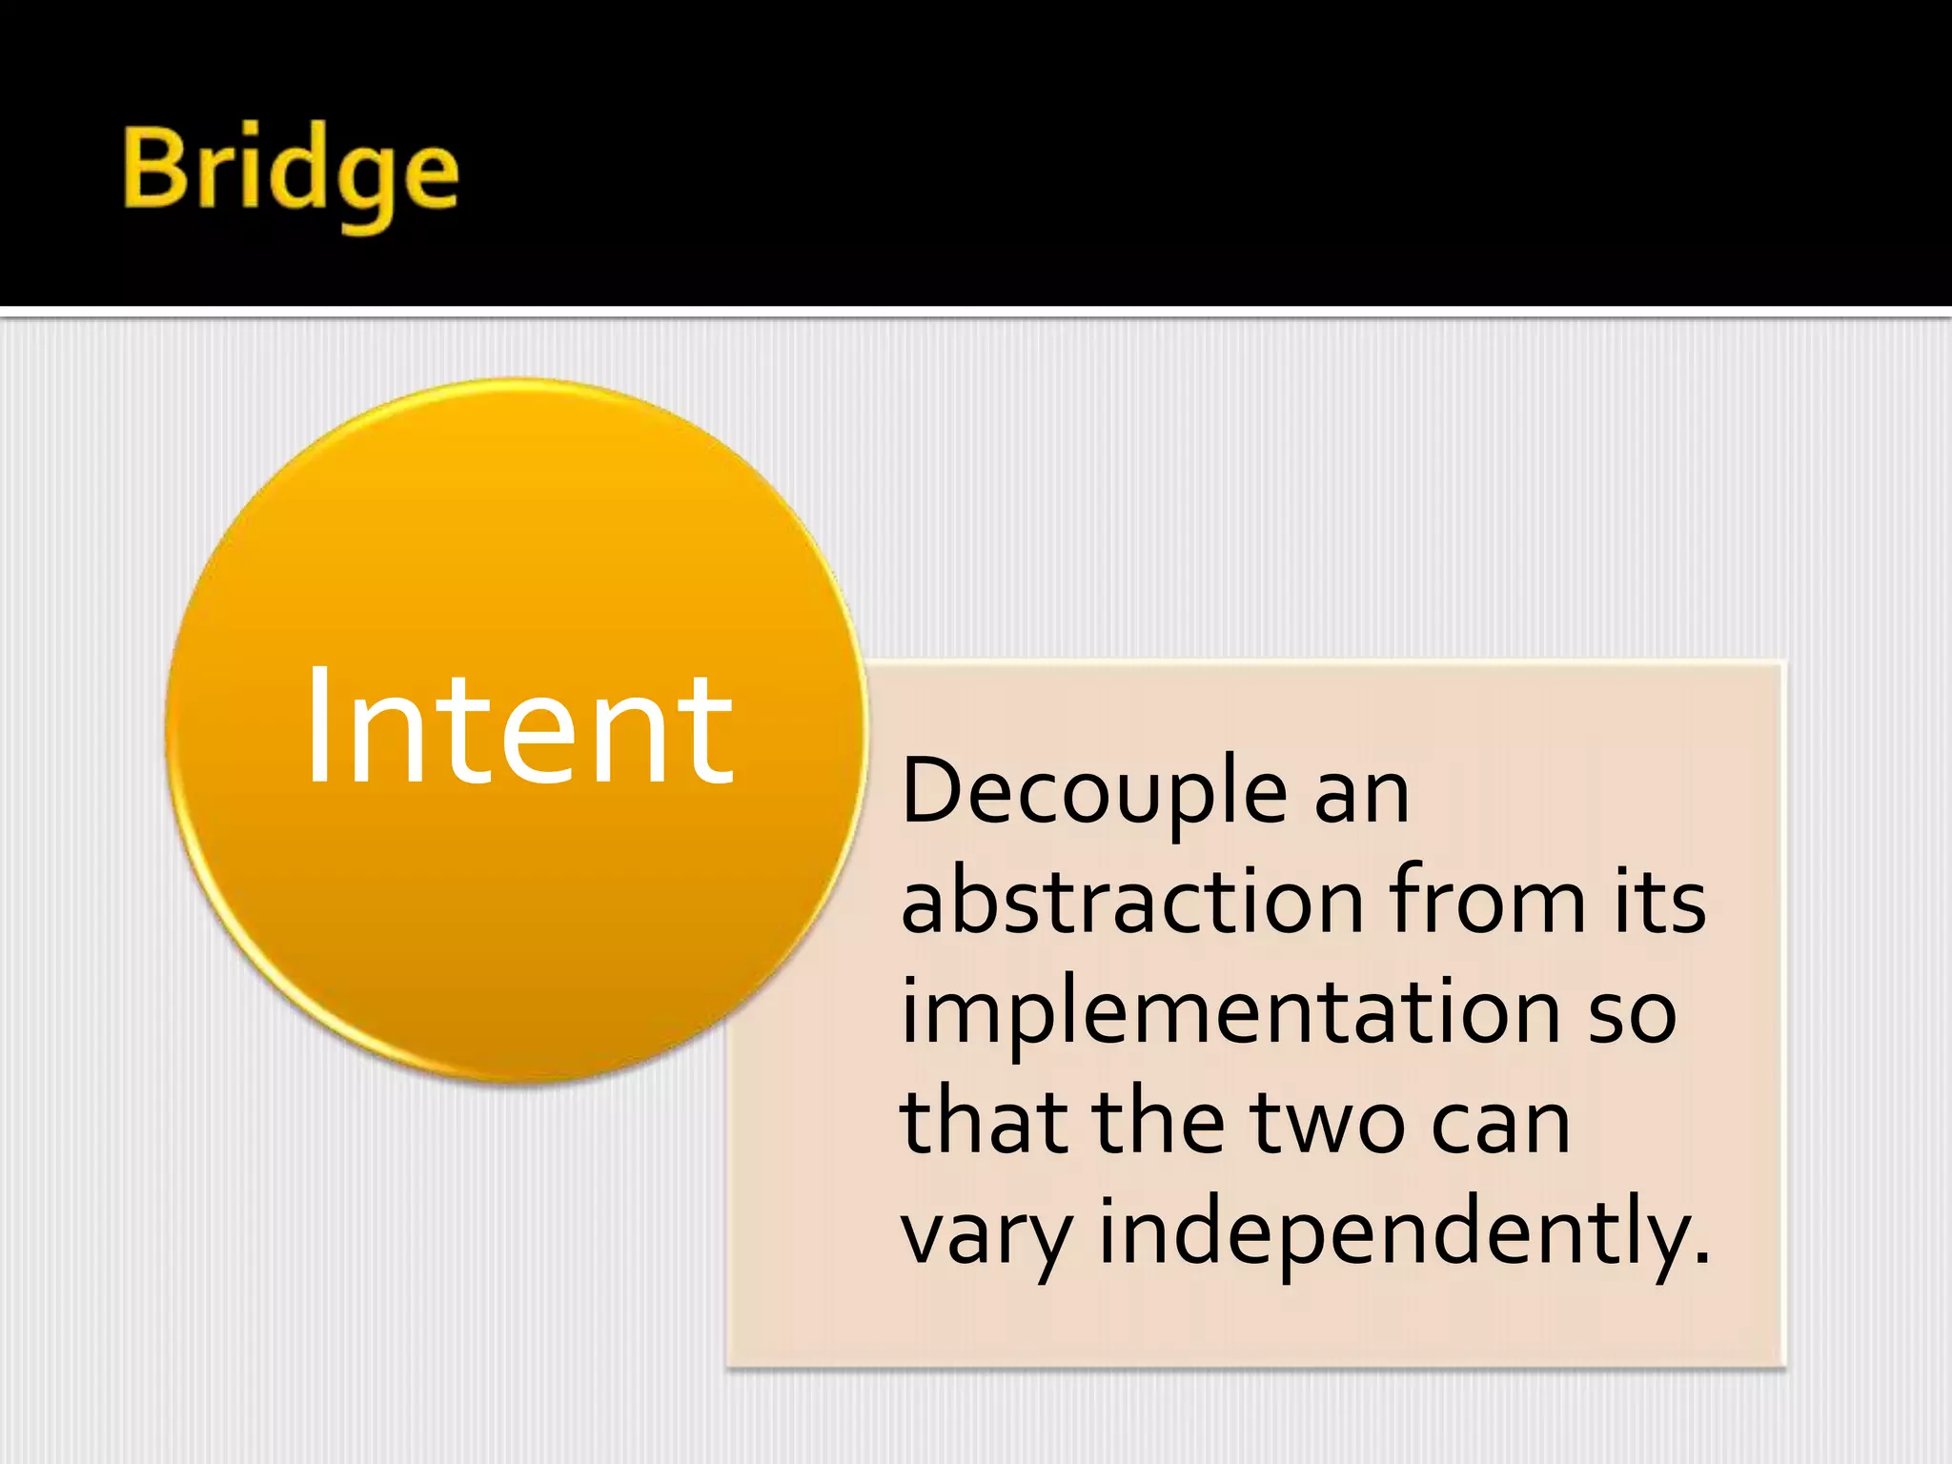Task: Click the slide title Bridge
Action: coord(291,172)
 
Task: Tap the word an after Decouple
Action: coord(1362,793)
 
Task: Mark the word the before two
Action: coord(1157,1123)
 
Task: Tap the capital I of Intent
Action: coord(318,726)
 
